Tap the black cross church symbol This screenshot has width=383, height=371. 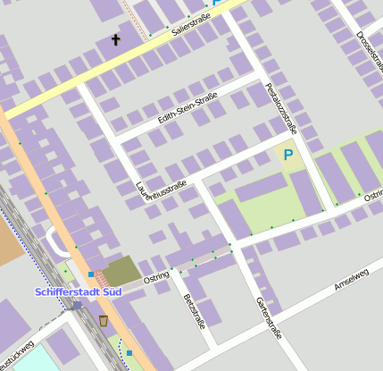coord(115,39)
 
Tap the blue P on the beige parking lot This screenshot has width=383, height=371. coord(287,156)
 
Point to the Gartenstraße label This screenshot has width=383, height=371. coord(269,318)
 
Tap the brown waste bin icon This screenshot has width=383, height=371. coord(104,321)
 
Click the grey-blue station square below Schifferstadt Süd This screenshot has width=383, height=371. coord(78,306)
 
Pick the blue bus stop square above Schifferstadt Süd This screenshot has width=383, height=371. coord(91,274)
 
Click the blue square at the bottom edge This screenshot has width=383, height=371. coord(129,354)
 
